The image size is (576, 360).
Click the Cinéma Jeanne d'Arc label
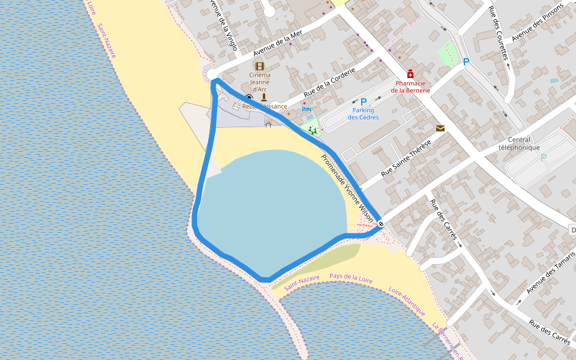pyautogui.click(x=260, y=82)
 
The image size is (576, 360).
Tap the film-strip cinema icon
pyautogui.click(x=260, y=66)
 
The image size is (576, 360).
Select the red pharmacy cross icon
pyautogui.click(x=410, y=74)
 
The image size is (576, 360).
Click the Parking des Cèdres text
pyautogui.click(x=363, y=113)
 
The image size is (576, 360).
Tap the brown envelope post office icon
pyautogui.click(x=440, y=128)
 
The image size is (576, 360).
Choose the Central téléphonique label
pyautogui.click(x=520, y=143)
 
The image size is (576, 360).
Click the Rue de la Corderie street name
pyautogui.click(x=329, y=82)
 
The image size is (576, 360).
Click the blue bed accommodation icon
pyautogui.click(x=307, y=109)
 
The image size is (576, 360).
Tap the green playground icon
pyautogui.click(x=313, y=130)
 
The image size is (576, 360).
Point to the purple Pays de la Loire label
pyautogui.click(x=352, y=277)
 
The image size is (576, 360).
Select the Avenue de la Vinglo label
pyautogui.click(x=223, y=24)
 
